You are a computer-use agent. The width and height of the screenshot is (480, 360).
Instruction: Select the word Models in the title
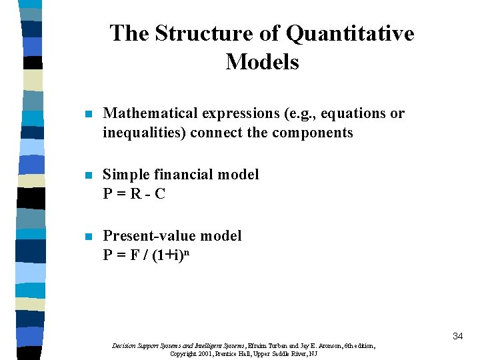click(x=262, y=62)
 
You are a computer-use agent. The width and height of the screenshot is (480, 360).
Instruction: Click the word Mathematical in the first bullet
click(x=151, y=113)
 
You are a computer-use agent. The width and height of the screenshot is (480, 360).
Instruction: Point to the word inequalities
click(x=144, y=132)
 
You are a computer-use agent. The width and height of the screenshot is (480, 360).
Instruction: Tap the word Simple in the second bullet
click(x=126, y=175)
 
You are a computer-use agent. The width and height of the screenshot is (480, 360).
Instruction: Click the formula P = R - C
click(x=134, y=193)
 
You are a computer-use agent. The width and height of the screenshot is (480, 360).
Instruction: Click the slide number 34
click(x=457, y=336)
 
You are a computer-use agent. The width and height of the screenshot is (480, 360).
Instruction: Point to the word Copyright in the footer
click(x=183, y=354)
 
